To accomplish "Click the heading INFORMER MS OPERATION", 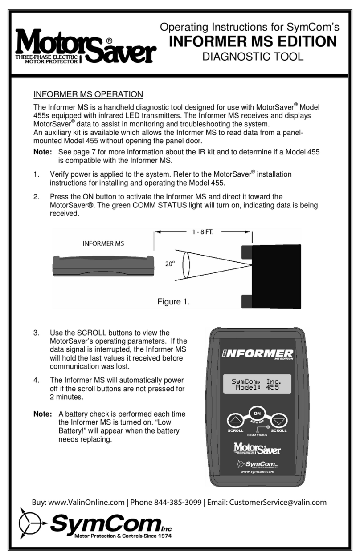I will point(88,94).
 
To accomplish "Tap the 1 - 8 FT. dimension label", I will point(203,231).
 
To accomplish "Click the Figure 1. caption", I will point(173,302).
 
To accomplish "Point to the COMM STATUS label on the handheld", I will point(258,434).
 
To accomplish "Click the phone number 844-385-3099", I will point(177,503).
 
